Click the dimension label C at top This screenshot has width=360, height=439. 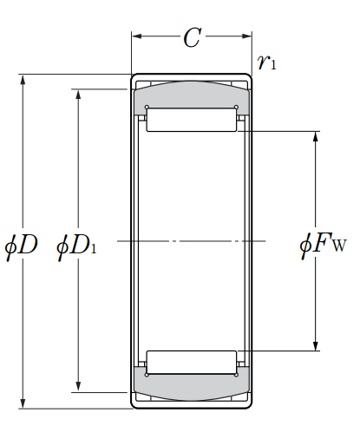(193, 37)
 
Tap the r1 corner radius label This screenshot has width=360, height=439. (266, 62)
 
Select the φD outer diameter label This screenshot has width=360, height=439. (22, 246)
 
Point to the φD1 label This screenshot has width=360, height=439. (76, 246)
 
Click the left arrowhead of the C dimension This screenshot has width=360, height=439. (137, 36)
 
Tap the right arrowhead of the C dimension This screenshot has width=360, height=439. (246, 36)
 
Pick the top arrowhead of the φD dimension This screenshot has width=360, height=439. (23, 80)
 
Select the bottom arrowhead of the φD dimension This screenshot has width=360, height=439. (23, 403)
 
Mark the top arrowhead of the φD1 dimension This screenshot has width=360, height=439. (78, 95)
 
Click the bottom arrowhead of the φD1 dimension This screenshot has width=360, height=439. (78, 387)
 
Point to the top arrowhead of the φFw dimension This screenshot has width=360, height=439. (316, 136)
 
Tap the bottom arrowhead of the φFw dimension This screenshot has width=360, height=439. (316, 346)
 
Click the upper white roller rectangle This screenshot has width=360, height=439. (192, 120)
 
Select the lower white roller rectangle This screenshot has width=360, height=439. (192, 362)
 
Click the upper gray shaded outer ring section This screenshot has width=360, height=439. (192, 95)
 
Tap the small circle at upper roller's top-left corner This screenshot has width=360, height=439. (147, 108)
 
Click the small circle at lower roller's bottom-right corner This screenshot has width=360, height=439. (236, 375)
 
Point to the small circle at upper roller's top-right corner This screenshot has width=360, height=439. (236, 108)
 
